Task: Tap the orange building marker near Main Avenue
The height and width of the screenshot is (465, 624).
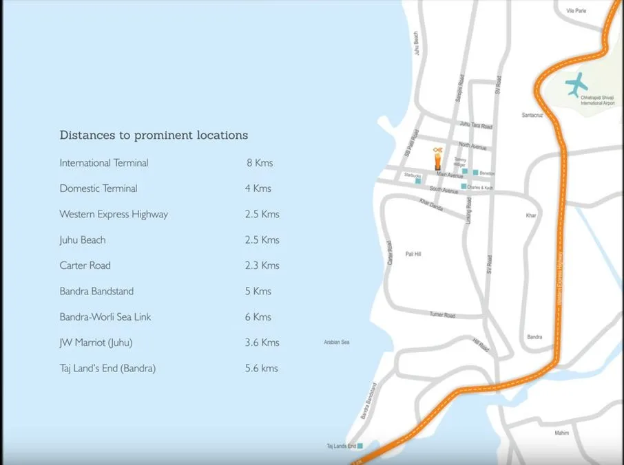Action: (x=437, y=161)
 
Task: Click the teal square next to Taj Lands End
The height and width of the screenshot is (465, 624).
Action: (x=360, y=446)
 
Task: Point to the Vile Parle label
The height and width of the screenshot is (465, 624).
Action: (x=575, y=11)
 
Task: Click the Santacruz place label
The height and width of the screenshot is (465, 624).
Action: (x=532, y=115)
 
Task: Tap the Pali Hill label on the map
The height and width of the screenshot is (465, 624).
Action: (x=413, y=254)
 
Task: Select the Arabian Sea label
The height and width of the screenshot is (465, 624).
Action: (x=337, y=342)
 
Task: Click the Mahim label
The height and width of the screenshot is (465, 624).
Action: (x=562, y=433)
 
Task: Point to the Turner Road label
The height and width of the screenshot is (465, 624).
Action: (x=443, y=315)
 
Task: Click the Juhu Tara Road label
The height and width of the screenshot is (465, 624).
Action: (x=477, y=126)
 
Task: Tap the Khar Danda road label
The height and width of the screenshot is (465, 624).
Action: (x=432, y=204)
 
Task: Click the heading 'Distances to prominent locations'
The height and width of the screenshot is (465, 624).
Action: (x=154, y=136)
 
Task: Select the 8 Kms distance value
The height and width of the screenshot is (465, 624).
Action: (x=260, y=163)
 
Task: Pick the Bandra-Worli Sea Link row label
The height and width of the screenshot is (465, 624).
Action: (x=105, y=317)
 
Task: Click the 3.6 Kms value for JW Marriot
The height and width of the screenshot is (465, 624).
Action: (x=262, y=343)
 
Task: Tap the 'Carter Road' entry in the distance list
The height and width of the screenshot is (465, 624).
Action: (x=85, y=266)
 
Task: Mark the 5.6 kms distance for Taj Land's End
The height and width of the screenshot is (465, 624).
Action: (x=262, y=368)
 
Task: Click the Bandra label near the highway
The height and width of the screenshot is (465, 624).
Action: (x=534, y=337)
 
